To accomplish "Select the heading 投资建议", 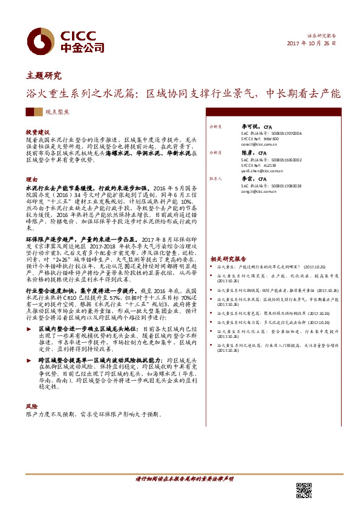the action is pos(38,131).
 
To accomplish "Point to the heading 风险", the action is pos(31,406).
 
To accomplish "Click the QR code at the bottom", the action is pos(303,490).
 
